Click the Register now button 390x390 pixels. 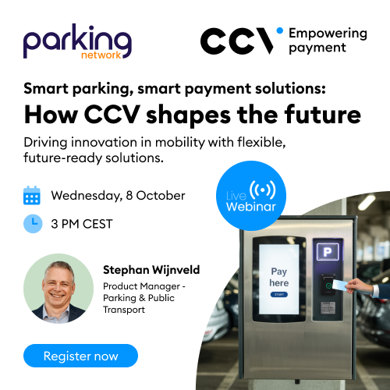(80, 356)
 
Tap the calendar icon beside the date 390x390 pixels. (32, 194)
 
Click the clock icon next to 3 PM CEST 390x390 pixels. (32, 224)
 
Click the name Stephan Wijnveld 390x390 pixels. (151, 270)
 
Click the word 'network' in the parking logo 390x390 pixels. (101, 56)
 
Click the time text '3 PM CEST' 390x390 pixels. (82, 224)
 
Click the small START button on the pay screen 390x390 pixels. (278, 296)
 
